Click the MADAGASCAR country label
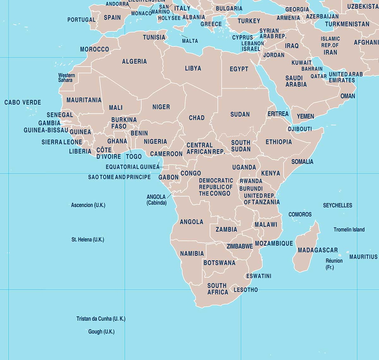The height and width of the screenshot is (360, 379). (317, 250)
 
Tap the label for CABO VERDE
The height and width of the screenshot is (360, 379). (23, 102)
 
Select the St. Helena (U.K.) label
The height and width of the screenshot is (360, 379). (87, 240)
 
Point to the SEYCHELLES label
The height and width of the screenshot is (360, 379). (338, 205)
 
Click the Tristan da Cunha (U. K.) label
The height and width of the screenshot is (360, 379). (101, 319)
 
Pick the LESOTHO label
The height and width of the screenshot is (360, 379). (245, 290)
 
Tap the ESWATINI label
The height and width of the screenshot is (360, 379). (258, 276)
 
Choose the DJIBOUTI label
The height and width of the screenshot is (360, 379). (300, 129)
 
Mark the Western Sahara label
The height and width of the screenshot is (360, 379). (66, 77)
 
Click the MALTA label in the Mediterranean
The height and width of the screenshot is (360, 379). (190, 41)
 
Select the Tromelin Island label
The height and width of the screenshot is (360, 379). (349, 230)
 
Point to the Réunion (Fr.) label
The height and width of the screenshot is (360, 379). (334, 264)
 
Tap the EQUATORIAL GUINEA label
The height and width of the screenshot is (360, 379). (132, 167)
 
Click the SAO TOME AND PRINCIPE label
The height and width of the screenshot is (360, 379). (119, 177)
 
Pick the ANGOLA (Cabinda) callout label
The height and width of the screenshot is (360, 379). (156, 200)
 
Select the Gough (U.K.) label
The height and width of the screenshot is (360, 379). (101, 332)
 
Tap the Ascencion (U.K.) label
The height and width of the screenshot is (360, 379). (88, 205)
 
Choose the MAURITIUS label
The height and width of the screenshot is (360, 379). (363, 257)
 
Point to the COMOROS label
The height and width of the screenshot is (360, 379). (300, 214)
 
